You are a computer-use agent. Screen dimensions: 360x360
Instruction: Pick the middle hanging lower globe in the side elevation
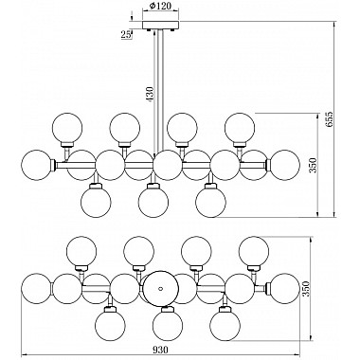coord(152,201)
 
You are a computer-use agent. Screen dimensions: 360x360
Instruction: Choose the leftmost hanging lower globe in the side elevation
coord(95,201)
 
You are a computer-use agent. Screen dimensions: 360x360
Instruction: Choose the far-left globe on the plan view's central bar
coord(37,287)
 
